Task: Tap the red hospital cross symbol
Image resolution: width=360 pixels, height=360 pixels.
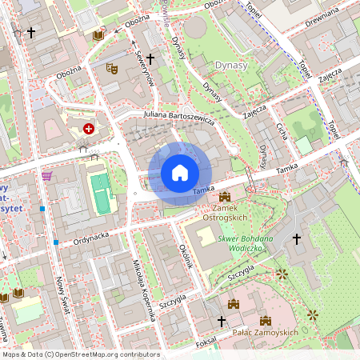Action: point(89,128)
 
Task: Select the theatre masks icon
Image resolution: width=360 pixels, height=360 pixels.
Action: point(113,70)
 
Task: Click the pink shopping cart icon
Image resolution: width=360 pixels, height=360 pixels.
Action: point(47,175)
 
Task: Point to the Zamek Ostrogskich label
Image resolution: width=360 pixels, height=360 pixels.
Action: point(225,212)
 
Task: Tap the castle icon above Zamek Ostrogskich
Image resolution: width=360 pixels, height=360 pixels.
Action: point(224,196)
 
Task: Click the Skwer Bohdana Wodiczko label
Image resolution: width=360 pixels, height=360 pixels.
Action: point(244,243)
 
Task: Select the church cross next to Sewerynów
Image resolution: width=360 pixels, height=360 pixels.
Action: point(150,58)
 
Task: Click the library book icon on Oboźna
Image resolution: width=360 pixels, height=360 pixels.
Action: point(98,36)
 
